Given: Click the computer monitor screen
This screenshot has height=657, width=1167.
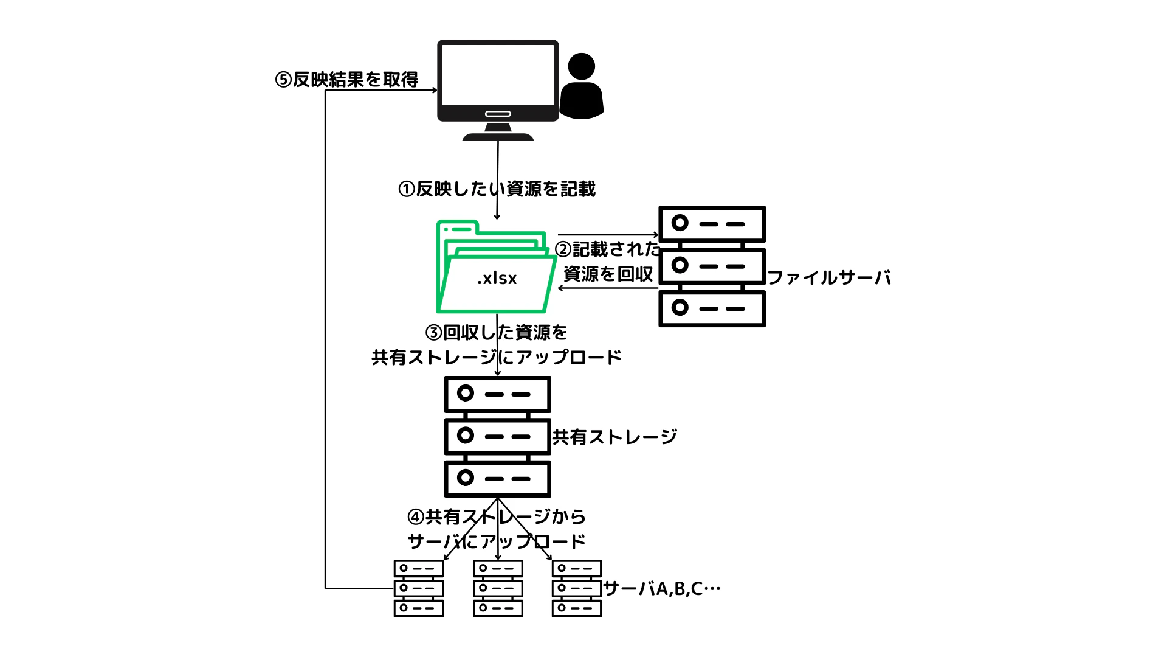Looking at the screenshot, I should coord(498,74).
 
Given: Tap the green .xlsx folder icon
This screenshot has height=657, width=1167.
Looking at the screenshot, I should coord(495,268).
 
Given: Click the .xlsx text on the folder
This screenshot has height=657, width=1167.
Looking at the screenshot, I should coord(497,278).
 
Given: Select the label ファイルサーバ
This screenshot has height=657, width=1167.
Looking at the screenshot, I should coord(829,278).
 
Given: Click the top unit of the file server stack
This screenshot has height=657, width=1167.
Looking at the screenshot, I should coord(712,224).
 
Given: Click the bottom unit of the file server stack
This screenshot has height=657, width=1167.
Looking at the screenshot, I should coord(712,308).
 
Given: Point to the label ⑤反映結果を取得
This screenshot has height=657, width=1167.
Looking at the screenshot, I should coord(347,80).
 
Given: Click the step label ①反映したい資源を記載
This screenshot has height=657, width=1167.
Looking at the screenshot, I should coord(497,189).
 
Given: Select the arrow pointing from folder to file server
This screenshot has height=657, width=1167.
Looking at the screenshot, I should coord(608,234).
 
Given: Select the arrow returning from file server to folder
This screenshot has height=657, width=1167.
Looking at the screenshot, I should coord(608,288).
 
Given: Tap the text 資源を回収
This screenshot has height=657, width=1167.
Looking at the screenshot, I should coord(608,274).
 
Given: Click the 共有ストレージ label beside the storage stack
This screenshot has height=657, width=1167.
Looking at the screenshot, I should coord(614,437).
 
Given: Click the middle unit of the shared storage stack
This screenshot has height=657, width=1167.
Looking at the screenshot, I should coord(497,436).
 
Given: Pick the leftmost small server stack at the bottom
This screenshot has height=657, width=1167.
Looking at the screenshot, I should coord(418,588).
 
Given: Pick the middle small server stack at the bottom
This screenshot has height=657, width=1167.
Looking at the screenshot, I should coord(498,588).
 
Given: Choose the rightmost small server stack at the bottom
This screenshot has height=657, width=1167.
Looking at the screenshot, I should coord(576,588).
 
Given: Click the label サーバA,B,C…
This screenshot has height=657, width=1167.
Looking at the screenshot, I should coord(662,589).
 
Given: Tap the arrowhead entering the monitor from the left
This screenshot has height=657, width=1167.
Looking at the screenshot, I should coord(434,91).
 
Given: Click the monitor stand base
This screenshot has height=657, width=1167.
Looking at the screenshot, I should coord(498,136).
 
